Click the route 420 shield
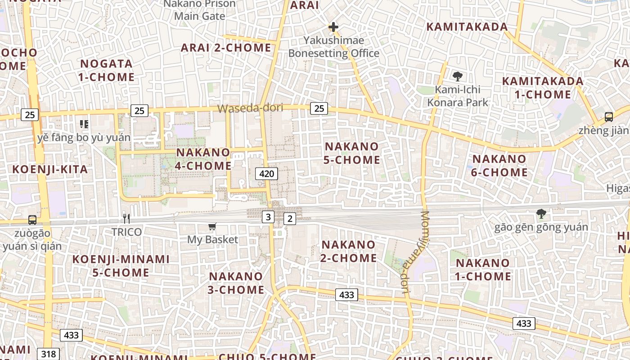tap(266, 173)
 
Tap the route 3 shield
tap(268, 217)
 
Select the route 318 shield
tap(48, 354)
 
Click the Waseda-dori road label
tap(250, 108)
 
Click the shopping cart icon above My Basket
tap(212, 226)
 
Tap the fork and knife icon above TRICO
tap(126, 219)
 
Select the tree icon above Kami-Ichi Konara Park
tap(458, 76)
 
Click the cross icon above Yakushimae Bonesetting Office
tap(333, 27)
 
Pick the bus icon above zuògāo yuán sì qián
tap(32, 220)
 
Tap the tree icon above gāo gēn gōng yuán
tap(541, 214)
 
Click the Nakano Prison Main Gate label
tap(199, 10)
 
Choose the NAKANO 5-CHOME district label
tap(352, 153)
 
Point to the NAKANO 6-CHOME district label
tap(499, 166)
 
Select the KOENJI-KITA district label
tap(50, 170)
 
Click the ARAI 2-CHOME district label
tap(226, 48)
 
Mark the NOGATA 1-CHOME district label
tap(106, 70)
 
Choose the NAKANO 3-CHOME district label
tap(236, 283)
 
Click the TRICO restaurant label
tap(127, 232)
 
